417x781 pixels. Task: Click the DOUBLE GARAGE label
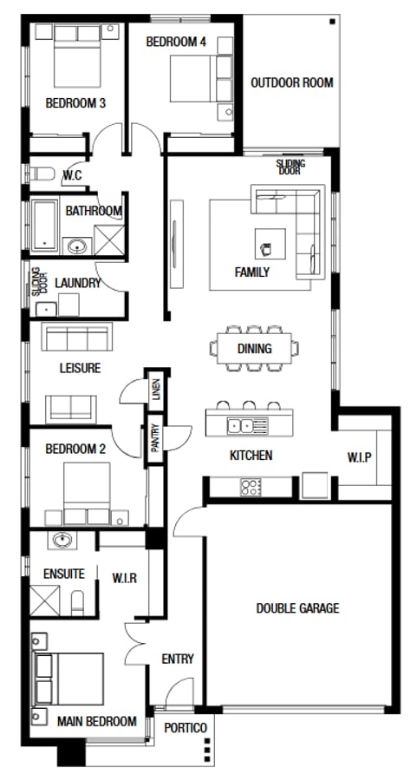(297, 608)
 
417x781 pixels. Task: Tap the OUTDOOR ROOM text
(291, 83)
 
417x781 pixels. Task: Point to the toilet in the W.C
(42, 174)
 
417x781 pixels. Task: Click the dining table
(255, 349)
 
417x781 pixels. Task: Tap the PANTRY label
(154, 439)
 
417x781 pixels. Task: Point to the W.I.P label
(360, 456)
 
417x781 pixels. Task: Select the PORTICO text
(186, 728)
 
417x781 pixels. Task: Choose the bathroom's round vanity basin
(77, 246)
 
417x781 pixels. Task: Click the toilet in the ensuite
(79, 601)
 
